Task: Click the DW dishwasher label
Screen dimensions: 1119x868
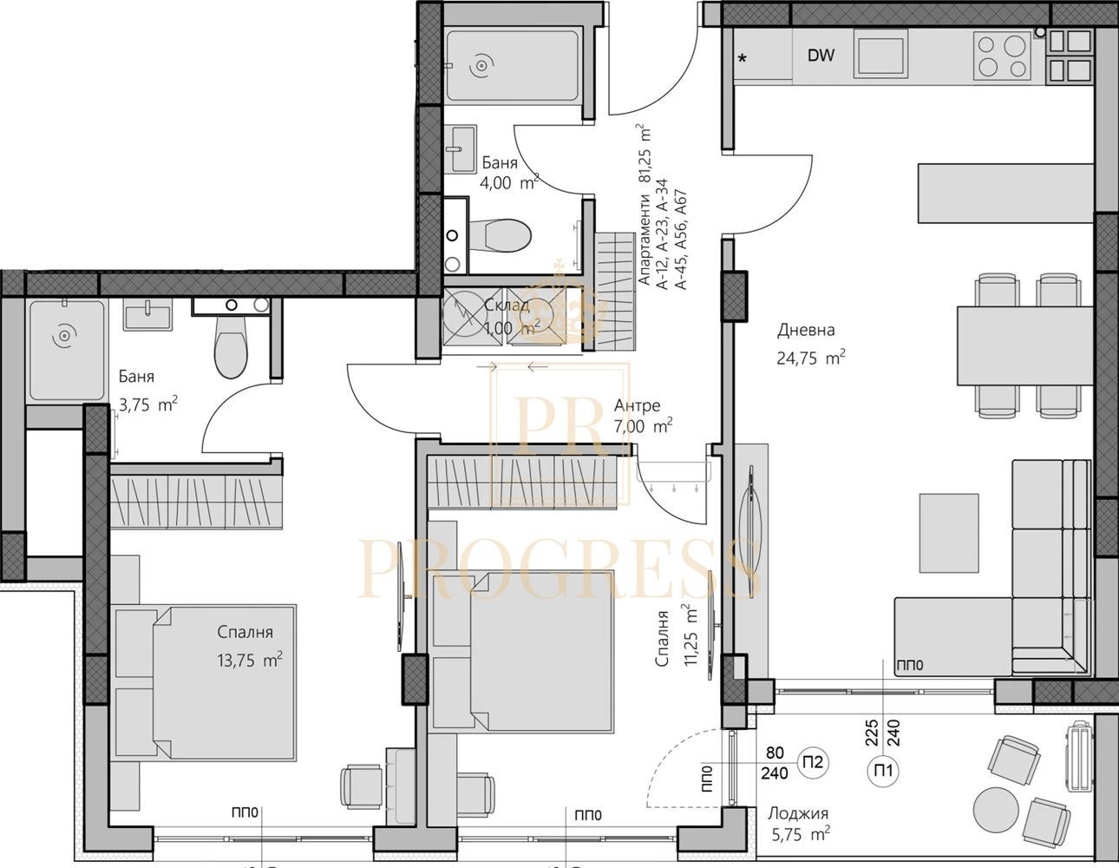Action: click(821, 56)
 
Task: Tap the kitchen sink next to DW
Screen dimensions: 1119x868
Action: click(880, 53)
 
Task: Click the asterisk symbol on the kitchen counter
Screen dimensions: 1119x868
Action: click(742, 59)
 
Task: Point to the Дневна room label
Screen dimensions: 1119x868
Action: click(806, 330)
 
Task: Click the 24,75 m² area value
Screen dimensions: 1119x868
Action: click(811, 358)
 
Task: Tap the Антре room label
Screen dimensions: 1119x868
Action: click(637, 405)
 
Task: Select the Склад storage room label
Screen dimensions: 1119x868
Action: click(507, 305)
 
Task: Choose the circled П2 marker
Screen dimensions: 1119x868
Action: click(813, 762)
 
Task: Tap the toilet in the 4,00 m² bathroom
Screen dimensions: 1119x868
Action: click(500, 236)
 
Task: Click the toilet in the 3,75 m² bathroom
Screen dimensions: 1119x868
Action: click(231, 346)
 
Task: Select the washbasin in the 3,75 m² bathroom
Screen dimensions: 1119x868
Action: click(147, 314)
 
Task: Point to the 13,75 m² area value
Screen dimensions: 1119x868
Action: click(251, 660)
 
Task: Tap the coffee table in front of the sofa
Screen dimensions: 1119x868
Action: click(949, 533)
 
